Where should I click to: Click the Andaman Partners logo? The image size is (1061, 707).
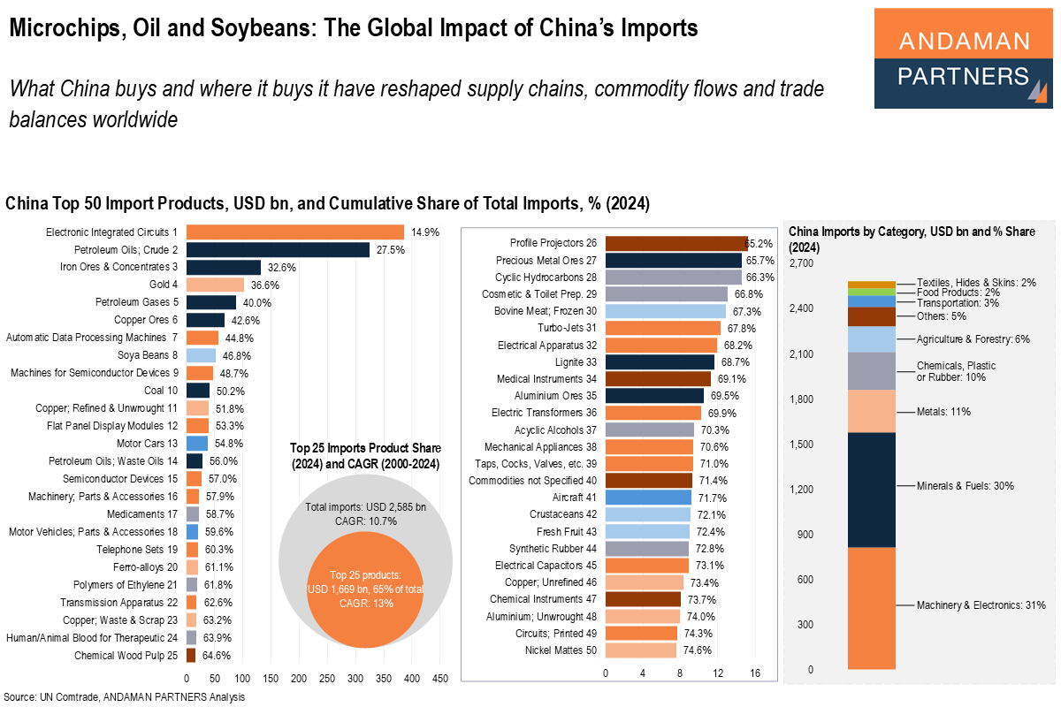click(x=963, y=58)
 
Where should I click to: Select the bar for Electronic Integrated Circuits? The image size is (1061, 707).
click(x=295, y=232)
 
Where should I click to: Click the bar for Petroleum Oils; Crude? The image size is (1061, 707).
click(x=278, y=250)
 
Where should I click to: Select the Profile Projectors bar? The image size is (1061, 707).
click(x=676, y=243)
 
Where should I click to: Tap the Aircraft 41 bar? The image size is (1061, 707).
click(x=648, y=498)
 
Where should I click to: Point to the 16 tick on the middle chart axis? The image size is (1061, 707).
click(x=754, y=673)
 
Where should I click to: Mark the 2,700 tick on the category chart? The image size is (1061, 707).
click(x=801, y=263)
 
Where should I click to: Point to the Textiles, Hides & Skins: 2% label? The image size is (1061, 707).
click(x=976, y=282)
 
